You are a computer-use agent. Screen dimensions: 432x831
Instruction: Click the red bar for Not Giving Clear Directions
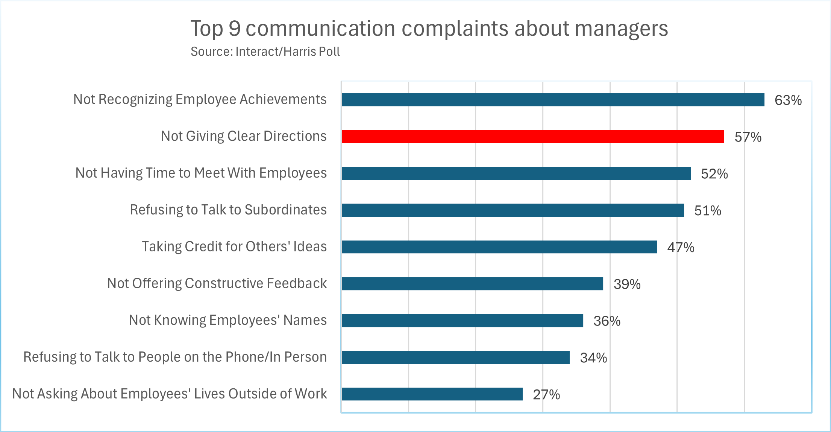click(532, 136)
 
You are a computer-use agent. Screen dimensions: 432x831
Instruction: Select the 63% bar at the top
click(553, 100)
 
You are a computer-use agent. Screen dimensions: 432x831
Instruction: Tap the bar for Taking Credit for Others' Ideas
click(499, 247)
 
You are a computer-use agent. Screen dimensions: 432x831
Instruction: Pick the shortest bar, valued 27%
click(432, 394)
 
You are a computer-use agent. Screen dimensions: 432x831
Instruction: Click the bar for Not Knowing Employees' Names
click(462, 321)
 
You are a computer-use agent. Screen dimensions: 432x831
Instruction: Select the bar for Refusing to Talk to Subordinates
click(513, 210)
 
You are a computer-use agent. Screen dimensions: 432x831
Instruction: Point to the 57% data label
click(748, 137)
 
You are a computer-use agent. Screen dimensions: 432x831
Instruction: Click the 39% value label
click(627, 284)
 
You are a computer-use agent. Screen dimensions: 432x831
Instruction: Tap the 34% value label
click(593, 358)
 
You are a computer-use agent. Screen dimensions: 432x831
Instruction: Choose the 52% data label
click(714, 174)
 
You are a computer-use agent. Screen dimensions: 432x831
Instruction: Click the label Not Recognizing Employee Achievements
click(200, 99)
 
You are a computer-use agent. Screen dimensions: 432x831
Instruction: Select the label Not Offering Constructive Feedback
click(217, 283)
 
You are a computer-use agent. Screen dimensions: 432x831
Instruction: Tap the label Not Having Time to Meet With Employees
click(201, 173)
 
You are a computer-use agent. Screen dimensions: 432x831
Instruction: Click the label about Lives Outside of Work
click(169, 394)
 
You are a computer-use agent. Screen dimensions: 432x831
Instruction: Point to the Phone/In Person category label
click(175, 357)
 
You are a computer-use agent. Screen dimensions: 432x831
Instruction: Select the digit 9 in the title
click(234, 29)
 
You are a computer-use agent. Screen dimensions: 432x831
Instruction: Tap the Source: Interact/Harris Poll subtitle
click(265, 52)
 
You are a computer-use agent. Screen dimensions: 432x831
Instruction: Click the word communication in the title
click(320, 29)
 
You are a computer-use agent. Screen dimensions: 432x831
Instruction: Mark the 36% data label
click(607, 321)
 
